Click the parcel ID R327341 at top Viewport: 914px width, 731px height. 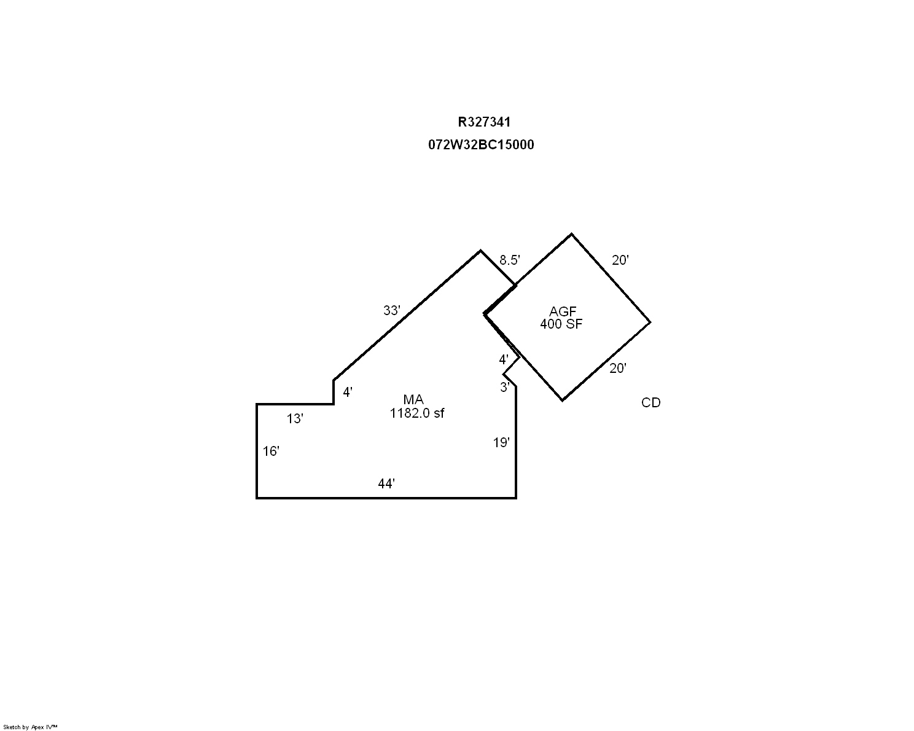[484, 122]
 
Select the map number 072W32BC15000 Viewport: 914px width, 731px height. [481, 145]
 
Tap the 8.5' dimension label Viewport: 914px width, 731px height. [509, 260]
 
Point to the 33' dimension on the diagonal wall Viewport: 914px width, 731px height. [391, 311]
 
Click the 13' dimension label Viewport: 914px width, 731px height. [295, 419]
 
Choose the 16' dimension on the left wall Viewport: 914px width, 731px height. [271, 451]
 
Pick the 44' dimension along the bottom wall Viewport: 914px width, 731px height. [386, 484]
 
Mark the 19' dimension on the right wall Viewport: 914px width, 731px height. [501, 442]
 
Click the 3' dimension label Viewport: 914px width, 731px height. [505, 387]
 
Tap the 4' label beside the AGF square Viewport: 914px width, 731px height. [504, 359]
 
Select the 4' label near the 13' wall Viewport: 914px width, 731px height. [348, 392]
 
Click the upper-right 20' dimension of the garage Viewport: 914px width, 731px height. [620, 260]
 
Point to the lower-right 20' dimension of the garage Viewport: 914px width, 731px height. [617, 369]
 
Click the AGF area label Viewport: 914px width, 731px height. [563, 312]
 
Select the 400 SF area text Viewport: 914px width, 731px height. [561, 324]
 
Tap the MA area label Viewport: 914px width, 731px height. [413, 401]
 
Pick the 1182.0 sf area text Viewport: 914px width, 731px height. [416, 413]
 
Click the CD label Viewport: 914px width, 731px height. [650, 403]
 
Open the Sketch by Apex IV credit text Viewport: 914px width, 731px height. [30, 727]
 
